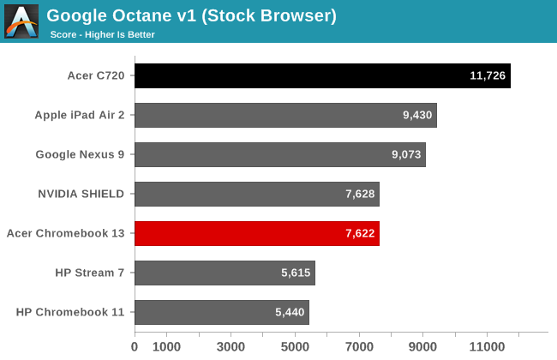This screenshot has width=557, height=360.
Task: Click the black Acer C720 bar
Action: pyautogui.click(x=322, y=75)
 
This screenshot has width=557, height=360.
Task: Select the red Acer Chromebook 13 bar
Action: pyautogui.click(x=257, y=233)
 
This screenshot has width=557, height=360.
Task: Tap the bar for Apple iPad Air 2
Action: pyautogui.click(x=286, y=115)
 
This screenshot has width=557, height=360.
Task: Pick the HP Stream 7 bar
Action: pyautogui.click(x=225, y=273)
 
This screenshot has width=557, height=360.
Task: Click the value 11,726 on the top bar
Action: pyautogui.click(x=488, y=75)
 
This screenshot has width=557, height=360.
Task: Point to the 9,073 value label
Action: pyautogui.click(x=406, y=154)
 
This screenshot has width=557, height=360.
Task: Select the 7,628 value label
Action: pyautogui.click(x=360, y=194)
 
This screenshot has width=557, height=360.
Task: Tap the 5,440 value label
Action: pyautogui.click(x=290, y=312)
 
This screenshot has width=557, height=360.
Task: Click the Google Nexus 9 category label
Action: pyautogui.click(x=80, y=154)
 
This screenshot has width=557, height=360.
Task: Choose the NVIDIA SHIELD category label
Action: pyautogui.click(x=81, y=194)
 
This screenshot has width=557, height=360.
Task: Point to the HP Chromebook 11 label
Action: pyautogui.click(x=70, y=312)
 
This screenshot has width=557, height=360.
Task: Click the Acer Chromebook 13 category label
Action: pyautogui.click(x=66, y=233)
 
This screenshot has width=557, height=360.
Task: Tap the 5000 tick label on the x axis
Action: pyautogui.click(x=295, y=347)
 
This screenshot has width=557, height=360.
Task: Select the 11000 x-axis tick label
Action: pyautogui.click(x=487, y=347)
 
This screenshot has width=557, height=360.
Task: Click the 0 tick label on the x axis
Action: pyautogui.click(x=135, y=347)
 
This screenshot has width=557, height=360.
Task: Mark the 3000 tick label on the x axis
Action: pyautogui.click(x=231, y=347)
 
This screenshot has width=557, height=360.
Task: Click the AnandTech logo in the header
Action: pyautogui.click(x=21, y=21)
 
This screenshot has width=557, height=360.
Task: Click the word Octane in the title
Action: pyautogui.click(x=142, y=15)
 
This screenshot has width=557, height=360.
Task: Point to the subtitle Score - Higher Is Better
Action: pyautogui.click(x=102, y=35)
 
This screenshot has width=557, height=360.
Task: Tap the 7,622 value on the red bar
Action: pyautogui.click(x=360, y=233)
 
